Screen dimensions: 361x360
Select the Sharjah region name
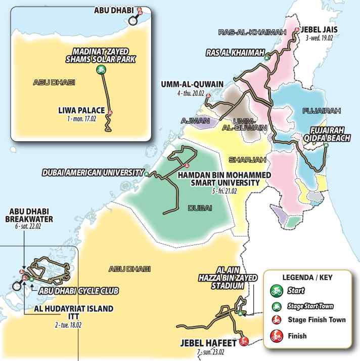tap(244, 160)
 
